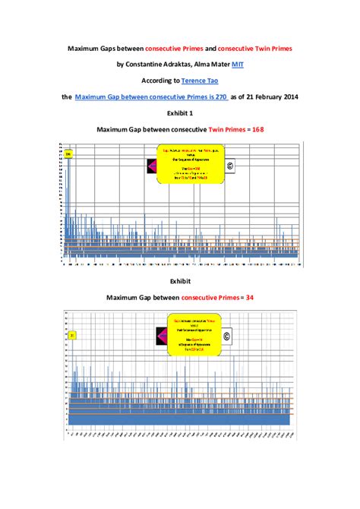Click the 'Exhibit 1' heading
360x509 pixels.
tap(180, 114)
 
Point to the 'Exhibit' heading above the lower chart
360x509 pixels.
tap(180, 280)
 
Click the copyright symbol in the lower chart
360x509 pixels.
tap(226, 335)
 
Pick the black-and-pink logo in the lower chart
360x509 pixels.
tap(161, 334)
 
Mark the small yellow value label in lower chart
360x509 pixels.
tap(71, 334)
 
